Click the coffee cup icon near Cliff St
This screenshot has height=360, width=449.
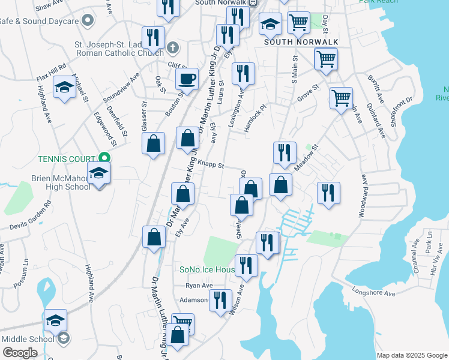coord(187,78)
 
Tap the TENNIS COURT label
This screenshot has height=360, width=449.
coord(67,159)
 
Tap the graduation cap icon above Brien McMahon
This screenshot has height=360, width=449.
coord(99,174)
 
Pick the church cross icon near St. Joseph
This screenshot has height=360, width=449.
coord(173,47)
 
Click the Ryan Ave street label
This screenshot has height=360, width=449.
coord(199,286)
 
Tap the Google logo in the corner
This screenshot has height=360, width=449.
coord(20,353)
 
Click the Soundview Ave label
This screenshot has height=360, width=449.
coord(121,88)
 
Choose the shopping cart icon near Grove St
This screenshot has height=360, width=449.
coord(342,98)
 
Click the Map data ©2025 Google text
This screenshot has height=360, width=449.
coord(411,355)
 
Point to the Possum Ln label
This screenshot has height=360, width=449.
coord(25,275)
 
